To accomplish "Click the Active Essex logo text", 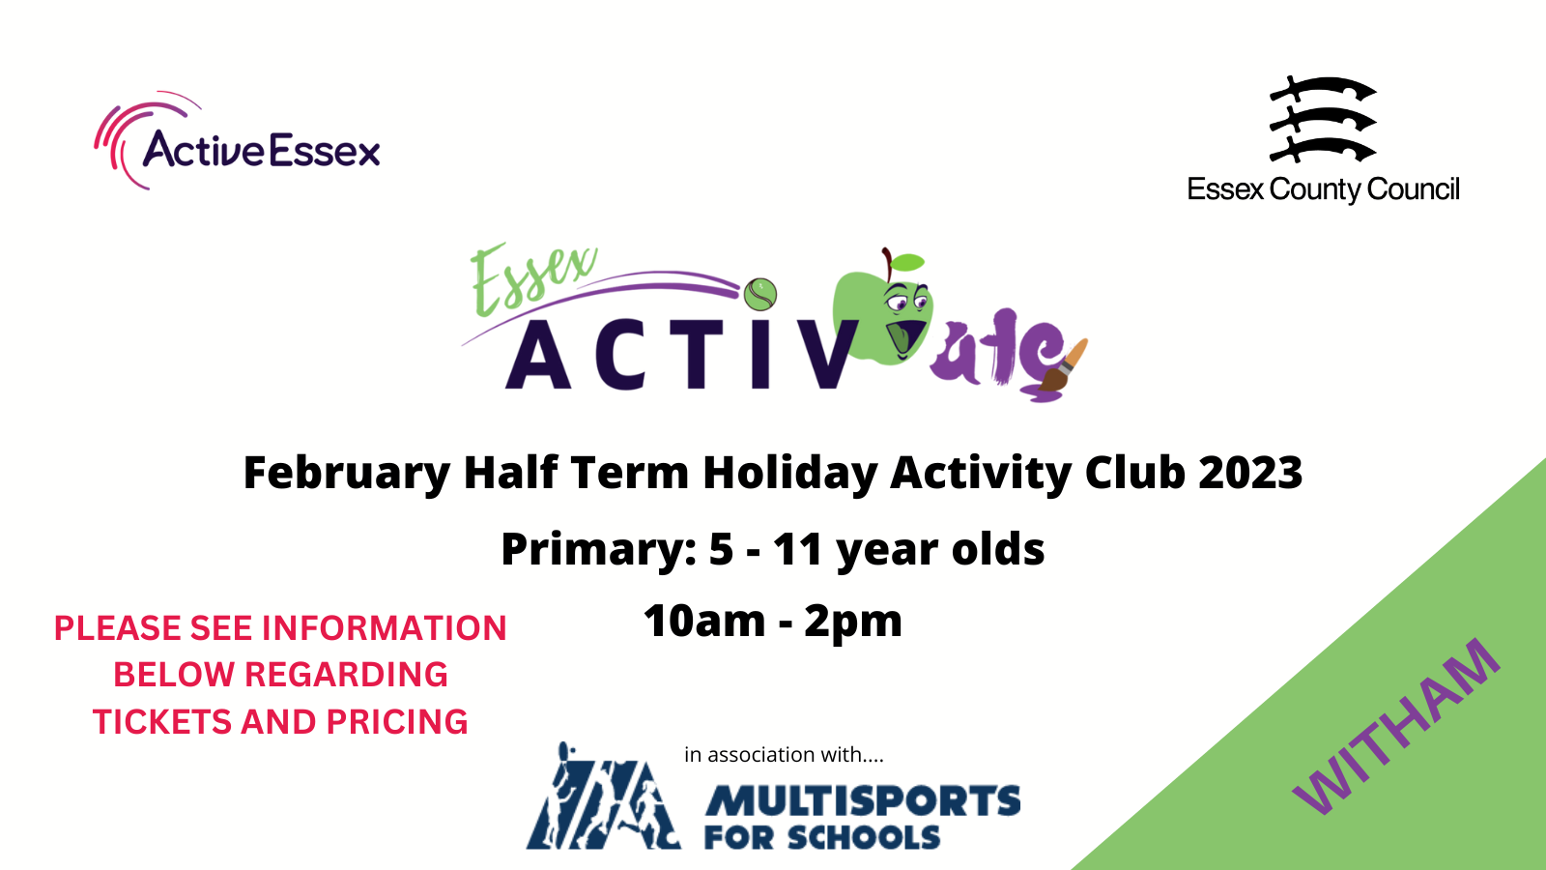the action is pos(262,149).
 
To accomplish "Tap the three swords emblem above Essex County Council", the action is pos(1323,120).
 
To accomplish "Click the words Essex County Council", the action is pos(1323,189).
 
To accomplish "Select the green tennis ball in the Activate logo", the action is pos(759,295).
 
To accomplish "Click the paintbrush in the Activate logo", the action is pos(1064,365).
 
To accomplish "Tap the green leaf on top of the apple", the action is pos(907,262).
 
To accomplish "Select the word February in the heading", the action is pos(347,474).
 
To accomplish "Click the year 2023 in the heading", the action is pos(1250,473).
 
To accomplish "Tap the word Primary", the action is pos(598,551).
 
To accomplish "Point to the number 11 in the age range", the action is pos(798,550).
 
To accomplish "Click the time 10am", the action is pos(704,620).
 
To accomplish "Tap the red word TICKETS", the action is pos(162,721).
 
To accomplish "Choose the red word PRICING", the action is pos(397,721).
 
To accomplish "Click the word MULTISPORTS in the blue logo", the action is pos(862,801).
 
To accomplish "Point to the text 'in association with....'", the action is pos(784,755).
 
